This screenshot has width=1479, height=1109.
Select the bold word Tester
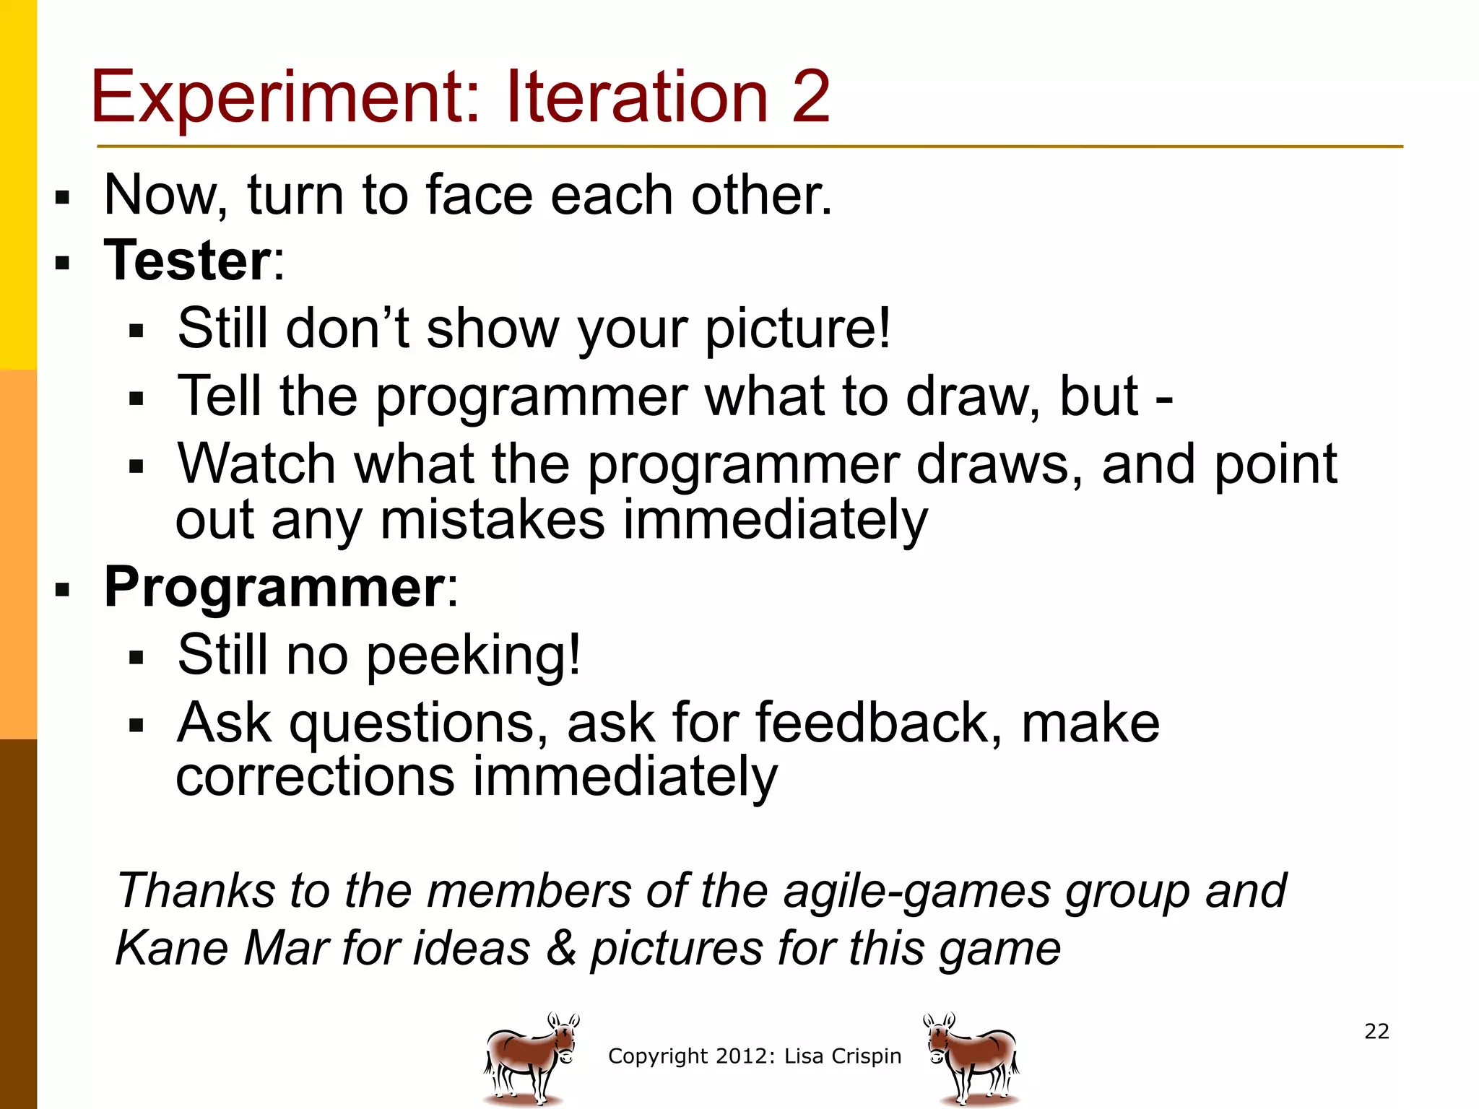(x=187, y=261)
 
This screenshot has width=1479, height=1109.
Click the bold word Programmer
(x=274, y=587)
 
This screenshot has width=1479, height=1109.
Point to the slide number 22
(x=1376, y=1031)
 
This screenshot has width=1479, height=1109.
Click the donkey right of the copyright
(x=971, y=1058)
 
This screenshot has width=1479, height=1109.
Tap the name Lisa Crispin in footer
(x=843, y=1056)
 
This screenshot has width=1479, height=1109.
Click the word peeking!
(x=473, y=656)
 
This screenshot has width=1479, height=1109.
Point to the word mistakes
(x=492, y=520)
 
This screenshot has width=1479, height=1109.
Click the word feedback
(x=872, y=723)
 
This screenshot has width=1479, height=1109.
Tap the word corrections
(x=315, y=777)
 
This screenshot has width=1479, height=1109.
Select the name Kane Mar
(x=222, y=947)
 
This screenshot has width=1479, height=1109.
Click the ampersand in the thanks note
(x=561, y=947)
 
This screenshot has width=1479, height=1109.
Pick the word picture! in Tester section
(x=797, y=329)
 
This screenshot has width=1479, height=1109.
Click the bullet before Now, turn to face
(x=62, y=197)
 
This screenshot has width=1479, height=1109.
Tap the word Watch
(x=256, y=464)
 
